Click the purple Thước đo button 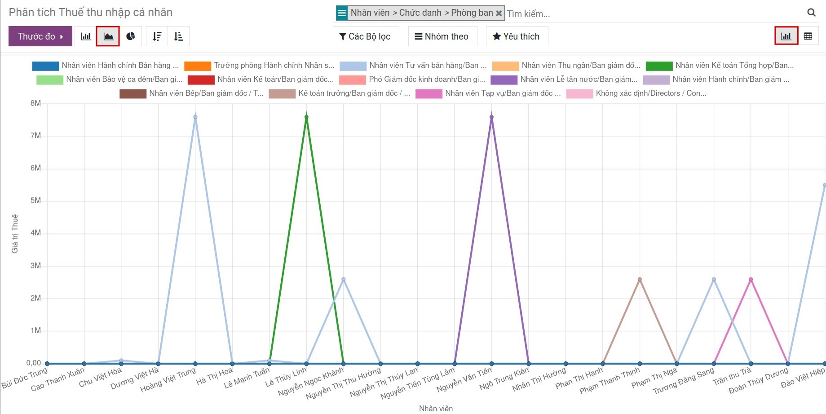click(40, 36)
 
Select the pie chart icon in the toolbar click(131, 36)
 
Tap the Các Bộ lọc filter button click(365, 36)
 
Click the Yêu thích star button click(516, 36)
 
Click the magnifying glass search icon click(811, 13)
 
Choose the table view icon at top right click(808, 36)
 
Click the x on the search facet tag click(499, 13)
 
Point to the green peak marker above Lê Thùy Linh click(306, 117)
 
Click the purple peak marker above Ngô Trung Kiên click(491, 117)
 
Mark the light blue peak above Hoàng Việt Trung click(195, 117)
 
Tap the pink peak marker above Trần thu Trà click(751, 280)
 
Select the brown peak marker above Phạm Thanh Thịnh click(640, 280)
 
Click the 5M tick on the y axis click(35, 200)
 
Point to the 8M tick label click(35, 103)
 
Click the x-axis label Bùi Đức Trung click(25, 378)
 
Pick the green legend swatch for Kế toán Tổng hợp click(659, 66)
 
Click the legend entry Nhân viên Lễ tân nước click(579, 80)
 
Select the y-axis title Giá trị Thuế click(15, 233)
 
